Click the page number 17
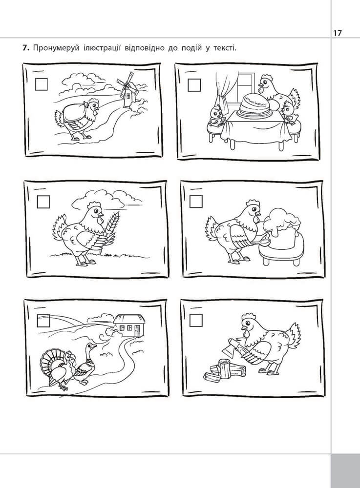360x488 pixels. (x=338, y=33)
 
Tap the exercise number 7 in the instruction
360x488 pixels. (x=25, y=48)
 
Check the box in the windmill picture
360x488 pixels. (x=41, y=84)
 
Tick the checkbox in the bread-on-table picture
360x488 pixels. (x=194, y=85)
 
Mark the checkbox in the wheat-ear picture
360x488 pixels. (x=43, y=202)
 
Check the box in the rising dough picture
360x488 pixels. (x=196, y=202)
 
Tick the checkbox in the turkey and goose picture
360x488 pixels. (x=43, y=321)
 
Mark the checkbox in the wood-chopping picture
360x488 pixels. (x=196, y=320)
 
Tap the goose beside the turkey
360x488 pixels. (x=85, y=363)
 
